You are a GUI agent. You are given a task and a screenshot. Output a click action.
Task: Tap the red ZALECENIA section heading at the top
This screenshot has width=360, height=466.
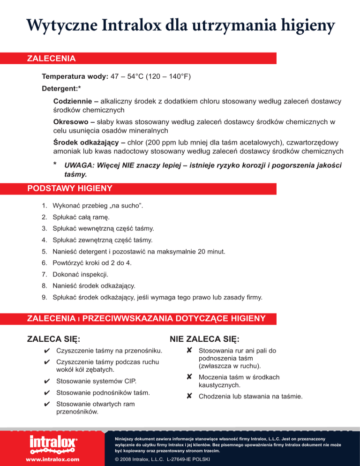click(52, 59)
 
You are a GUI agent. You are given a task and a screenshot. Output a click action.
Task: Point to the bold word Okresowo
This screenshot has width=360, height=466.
click(70, 122)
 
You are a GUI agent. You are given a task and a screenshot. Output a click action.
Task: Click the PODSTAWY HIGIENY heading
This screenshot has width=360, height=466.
click(70, 189)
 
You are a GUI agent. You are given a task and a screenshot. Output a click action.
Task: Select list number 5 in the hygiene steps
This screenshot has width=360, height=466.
click(44, 252)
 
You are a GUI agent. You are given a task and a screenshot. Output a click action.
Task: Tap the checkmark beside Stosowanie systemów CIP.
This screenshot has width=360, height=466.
click(46, 381)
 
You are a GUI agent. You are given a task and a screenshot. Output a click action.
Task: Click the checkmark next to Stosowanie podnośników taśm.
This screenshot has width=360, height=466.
click(46, 392)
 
